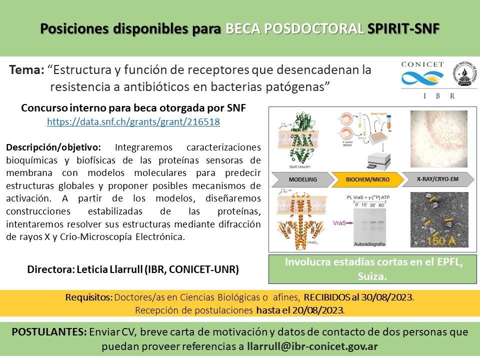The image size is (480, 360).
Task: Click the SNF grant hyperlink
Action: tap(133, 121)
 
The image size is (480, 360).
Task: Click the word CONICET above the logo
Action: tap(422, 64)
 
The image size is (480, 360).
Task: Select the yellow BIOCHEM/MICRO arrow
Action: tap(367, 179)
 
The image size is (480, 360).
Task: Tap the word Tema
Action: tap(26, 70)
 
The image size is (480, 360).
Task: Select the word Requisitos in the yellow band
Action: tap(88, 297)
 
